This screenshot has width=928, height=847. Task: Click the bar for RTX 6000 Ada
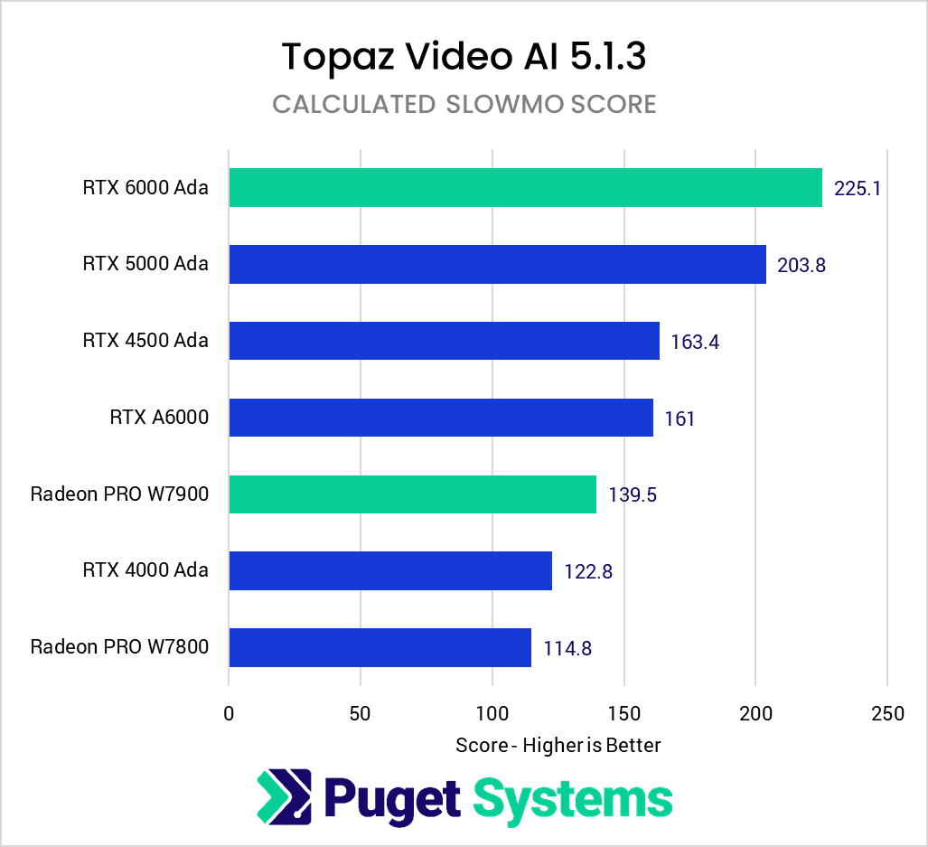point(525,188)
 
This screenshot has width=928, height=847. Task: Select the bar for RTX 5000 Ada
point(497,265)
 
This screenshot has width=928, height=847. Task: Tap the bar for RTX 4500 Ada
point(444,341)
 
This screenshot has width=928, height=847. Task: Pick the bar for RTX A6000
point(441,418)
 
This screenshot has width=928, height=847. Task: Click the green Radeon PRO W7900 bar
point(412,494)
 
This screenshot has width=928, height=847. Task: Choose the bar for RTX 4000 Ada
point(390,570)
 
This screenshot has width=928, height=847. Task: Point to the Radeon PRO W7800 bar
point(380,647)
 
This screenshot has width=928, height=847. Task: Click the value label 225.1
point(858,189)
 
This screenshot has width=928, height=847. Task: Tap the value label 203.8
point(801,266)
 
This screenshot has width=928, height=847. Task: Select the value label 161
point(680,419)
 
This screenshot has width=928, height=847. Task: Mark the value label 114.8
point(567,648)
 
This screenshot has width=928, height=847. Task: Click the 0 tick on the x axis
point(229,713)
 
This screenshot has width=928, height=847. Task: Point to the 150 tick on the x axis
point(623,713)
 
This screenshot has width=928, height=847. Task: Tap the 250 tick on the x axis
point(887,713)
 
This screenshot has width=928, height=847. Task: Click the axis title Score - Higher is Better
point(558,745)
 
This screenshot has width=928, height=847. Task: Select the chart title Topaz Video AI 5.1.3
point(464,57)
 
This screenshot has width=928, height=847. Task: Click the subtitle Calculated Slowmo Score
point(464,105)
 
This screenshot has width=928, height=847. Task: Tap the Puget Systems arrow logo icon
point(284,797)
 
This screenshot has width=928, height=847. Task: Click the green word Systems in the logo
point(573,799)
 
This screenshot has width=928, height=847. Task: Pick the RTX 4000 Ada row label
point(145,570)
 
